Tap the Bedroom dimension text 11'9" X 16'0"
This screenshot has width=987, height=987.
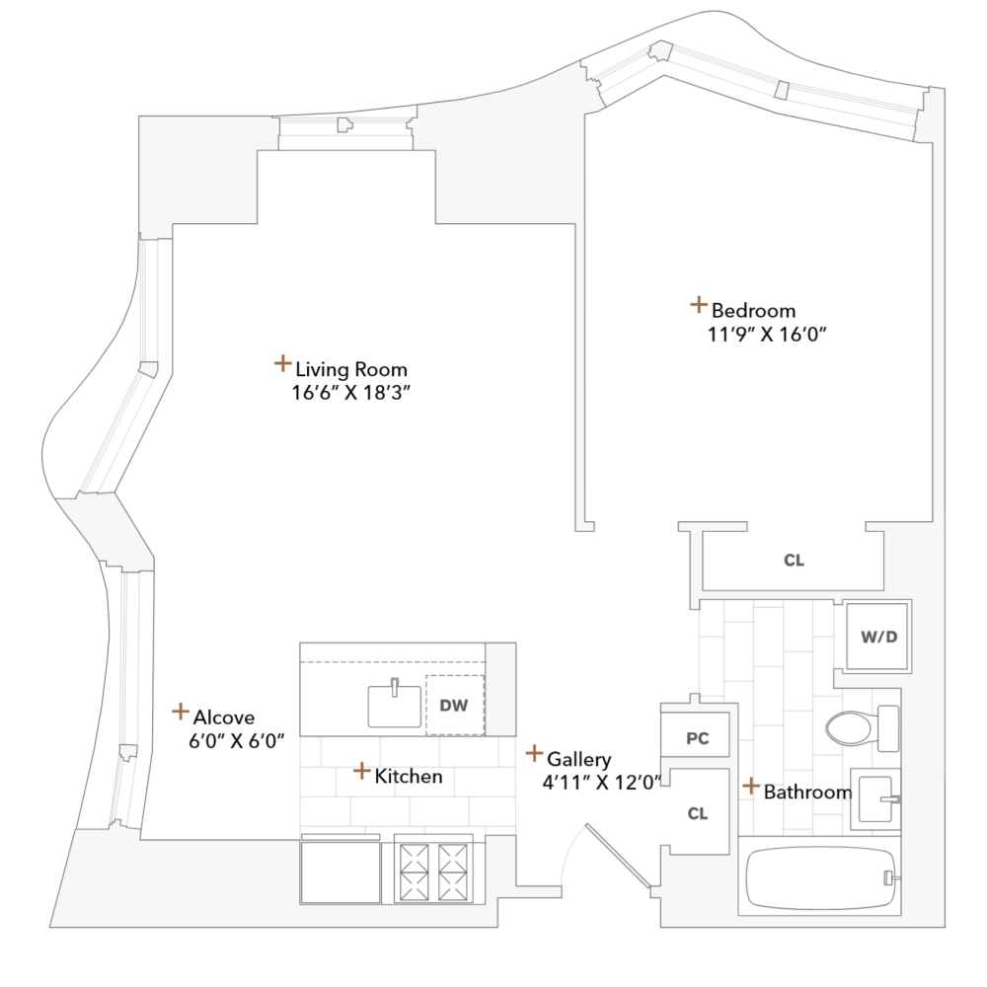tap(760, 334)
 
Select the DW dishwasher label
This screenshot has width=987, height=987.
tap(454, 705)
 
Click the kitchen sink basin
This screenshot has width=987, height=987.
tap(395, 705)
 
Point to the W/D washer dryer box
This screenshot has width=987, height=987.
tap(878, 636)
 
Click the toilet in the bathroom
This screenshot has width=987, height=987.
tap(855, 728)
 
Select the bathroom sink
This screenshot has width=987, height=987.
tap(874, 797)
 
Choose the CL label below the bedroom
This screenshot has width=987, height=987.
tap(794, 561)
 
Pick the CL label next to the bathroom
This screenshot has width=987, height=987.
tap(698, 813)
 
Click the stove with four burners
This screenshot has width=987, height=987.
tap(432, 870)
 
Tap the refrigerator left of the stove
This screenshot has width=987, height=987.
tap(341, 870)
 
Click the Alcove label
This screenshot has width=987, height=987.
tap(224, 718)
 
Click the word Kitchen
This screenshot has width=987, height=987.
tap(409, 777)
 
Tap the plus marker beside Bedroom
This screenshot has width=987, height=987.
tap(698, 305)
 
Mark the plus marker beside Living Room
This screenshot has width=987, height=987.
tap(282, 364)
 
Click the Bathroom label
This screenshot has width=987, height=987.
tap(807, 792)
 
